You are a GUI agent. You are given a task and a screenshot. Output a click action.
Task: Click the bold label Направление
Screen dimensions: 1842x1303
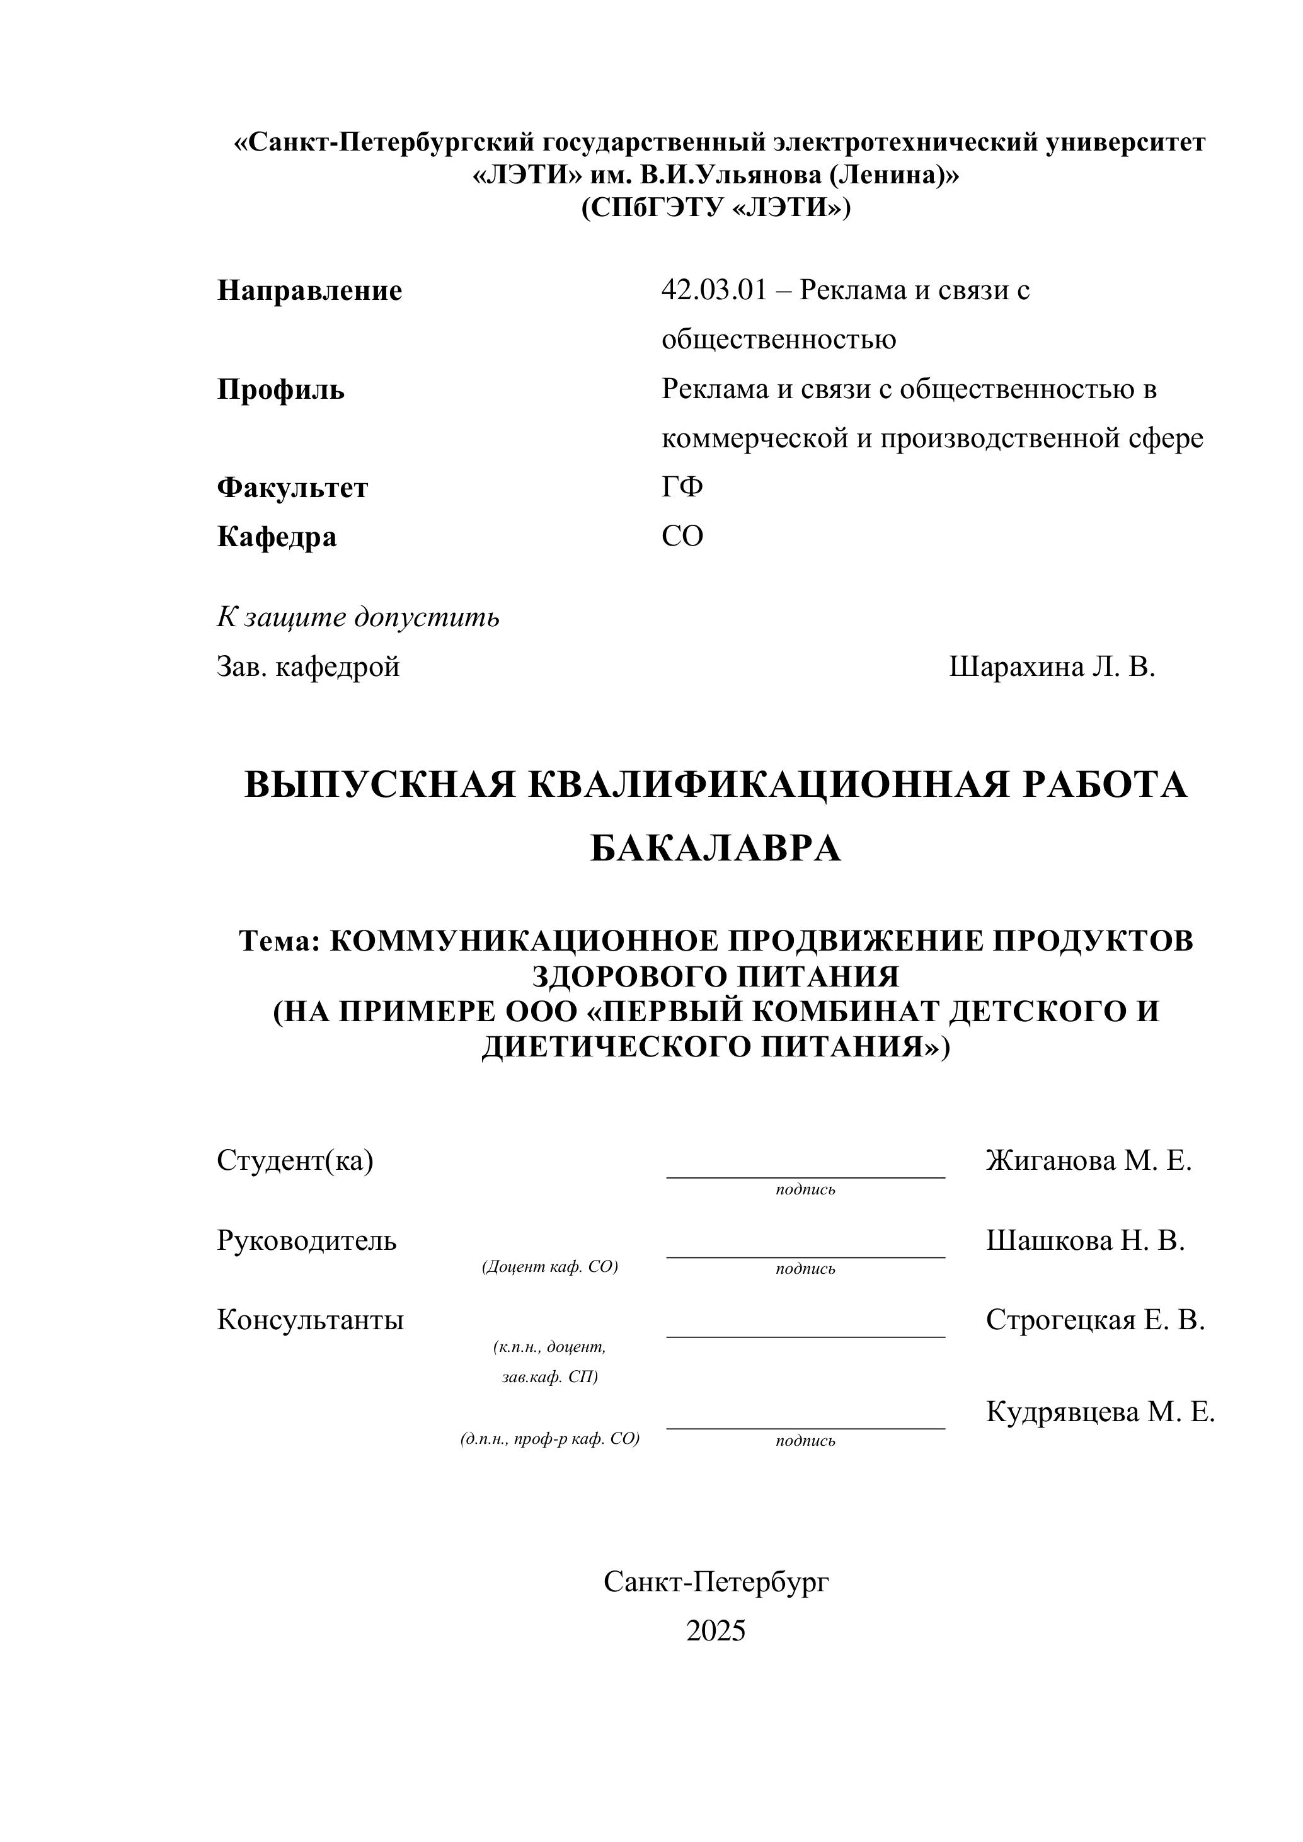310,290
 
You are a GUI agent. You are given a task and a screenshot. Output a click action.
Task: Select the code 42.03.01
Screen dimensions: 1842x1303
714,290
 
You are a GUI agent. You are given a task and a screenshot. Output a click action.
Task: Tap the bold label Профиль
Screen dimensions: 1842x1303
281,390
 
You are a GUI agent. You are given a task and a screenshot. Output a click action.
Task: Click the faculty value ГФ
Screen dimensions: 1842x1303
682,487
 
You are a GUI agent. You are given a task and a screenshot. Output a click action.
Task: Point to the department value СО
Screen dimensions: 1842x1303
682,536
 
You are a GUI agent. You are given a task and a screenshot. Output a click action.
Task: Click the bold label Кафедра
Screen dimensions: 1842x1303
277,537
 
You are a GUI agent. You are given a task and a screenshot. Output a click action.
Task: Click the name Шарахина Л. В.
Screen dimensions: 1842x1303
1052,666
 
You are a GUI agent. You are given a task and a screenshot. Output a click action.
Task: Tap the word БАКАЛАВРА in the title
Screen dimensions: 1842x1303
716,849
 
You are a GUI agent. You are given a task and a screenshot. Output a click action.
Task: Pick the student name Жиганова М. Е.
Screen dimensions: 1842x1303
1089,1160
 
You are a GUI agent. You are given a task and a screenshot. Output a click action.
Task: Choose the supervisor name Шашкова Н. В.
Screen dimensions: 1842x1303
1086,1240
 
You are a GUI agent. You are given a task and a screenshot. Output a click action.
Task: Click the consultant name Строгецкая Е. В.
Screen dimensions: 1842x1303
1095,1320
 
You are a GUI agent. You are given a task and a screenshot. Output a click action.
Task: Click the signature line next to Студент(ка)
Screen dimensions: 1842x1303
805,1177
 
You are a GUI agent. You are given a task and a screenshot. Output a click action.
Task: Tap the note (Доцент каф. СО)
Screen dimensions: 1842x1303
549,1267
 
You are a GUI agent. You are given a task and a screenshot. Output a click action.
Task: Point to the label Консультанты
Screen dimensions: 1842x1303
311,1320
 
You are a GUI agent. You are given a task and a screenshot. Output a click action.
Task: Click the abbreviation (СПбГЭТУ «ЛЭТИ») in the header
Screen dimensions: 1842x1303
716,208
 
